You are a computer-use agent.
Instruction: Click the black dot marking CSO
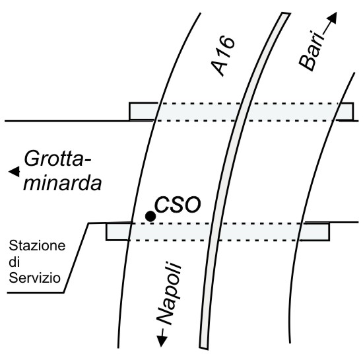click(150, 217)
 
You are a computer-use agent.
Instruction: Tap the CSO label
click(178, 205)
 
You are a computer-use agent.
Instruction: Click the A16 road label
click(223, 56)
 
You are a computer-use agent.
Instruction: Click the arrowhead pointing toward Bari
click(332, 18)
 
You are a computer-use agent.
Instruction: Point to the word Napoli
click(169, 293)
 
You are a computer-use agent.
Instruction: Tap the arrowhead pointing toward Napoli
click(162, 342)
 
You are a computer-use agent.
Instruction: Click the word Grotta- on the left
click(57, 159)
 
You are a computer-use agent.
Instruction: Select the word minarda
click(63, 184)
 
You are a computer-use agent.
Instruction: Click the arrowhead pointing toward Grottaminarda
click(14, 172)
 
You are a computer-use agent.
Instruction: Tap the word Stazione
click(37, 246)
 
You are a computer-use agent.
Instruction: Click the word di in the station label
click(14, 262)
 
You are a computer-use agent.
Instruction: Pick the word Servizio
click(35, 277)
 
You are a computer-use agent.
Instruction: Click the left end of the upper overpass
click(129, 112)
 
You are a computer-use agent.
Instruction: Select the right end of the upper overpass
click(353, 112)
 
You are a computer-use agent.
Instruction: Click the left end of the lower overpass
click(106, 232)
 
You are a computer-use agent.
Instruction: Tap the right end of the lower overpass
click(329, 232)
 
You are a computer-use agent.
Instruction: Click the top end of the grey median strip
click(286, 13)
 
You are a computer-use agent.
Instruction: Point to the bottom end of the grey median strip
click(203, 347)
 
